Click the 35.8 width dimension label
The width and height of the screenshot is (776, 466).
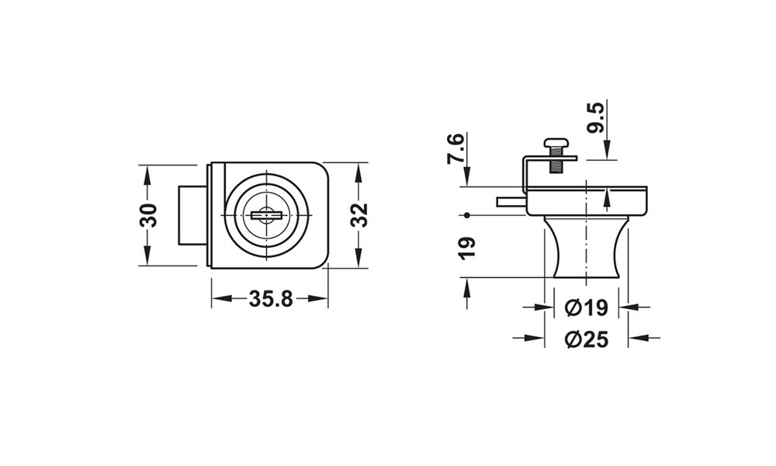(x=271, y=298)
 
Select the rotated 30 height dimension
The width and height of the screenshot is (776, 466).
(x=148, y=215)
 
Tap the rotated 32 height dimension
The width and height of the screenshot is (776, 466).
(x=360, y=215)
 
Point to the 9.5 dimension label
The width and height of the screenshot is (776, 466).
(x=595, y=118)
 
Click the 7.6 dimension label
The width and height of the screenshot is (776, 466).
(x=456, y=148)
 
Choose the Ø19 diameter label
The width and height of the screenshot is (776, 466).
(x=586, y=308)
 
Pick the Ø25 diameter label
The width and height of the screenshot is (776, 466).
(x=587, y=339)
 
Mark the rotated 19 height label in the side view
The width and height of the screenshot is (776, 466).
(x=466, y=248)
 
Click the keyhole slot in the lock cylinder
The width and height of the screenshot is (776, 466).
(x=266, y=215)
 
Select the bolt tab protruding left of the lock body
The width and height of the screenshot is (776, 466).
(x=192, y=215)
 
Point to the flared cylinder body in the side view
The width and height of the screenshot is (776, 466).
(x=587, y=247)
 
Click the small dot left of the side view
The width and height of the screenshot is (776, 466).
(x=466, y=215)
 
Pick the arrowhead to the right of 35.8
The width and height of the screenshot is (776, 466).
(x=317, y=298)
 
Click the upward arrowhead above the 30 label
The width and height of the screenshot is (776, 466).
(x=147, y=176)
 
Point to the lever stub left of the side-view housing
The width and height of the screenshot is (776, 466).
(x=511, y=201)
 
